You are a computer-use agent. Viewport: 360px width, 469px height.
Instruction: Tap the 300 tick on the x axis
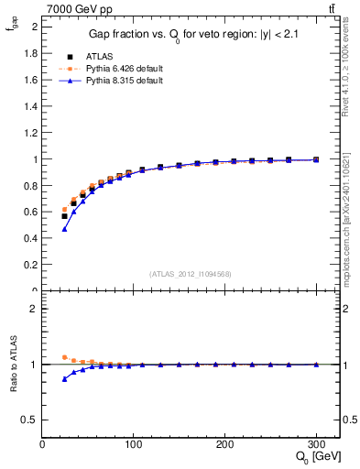tap(316, 443)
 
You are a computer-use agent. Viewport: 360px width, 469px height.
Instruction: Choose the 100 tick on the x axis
tap(133, 443)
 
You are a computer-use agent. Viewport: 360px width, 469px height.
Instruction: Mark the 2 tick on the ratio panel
tap(34, 309)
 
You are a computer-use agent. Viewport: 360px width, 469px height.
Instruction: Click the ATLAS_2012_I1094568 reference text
tap(191, 274)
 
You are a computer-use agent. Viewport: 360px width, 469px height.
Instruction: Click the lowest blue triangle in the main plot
tap(64, 229)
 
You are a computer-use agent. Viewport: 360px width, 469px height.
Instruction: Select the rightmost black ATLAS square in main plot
tap(316, 159)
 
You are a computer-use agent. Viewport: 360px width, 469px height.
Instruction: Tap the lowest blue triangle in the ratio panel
tap(64, 378)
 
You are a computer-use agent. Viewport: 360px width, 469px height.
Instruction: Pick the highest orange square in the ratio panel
tap(64, 357)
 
